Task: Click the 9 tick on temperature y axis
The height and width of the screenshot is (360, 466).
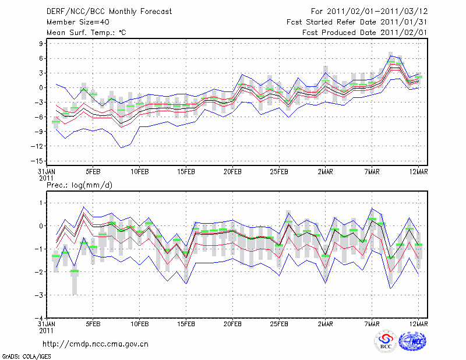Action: click(x=41, y=44)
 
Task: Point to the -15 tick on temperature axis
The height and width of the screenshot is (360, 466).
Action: click(x=38, y=161)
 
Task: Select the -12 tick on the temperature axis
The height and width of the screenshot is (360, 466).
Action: click(x=38, y=146)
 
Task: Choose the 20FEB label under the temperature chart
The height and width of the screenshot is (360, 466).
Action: click(x=232, y=172)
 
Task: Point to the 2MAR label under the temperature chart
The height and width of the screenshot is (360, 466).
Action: click(x=326, y=172)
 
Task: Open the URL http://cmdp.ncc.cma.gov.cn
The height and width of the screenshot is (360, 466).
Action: click(x=96, y=344)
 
